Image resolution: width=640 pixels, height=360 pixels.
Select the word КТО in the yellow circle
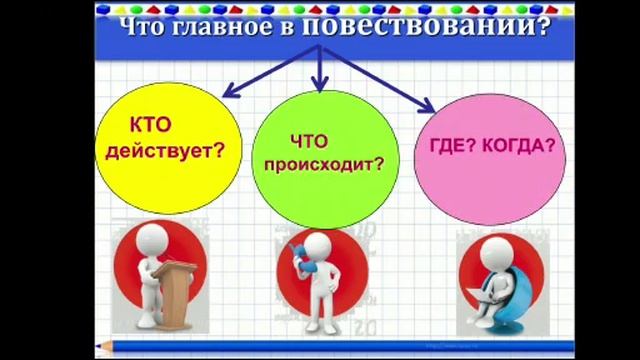tap(153, 128)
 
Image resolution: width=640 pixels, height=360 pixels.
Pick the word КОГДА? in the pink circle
tap(519, 146)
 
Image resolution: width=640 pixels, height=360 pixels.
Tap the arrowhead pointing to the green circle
tap(319, 83)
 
